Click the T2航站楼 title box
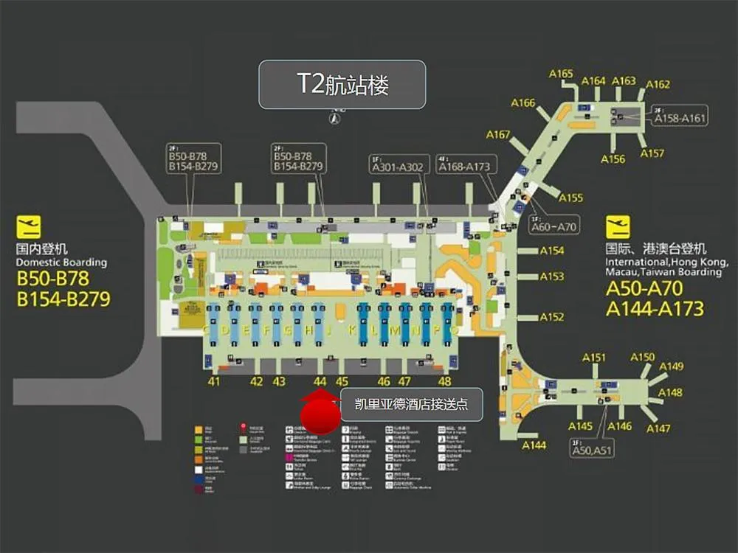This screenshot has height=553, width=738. click(x=342, y=85)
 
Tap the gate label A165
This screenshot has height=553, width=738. click(x=562, y=74)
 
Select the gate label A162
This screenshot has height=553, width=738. click(x=658, y=85)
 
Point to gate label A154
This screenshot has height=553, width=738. click(x=552, y=251)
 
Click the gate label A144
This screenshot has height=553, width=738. click(x=534, y=445)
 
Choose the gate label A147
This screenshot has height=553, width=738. click(x=658, y=428)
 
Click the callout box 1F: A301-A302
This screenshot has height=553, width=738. click(x=398, y=164)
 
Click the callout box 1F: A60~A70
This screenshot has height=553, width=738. click(x=553, y=223)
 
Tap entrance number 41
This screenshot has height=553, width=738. click(x=214, y=382)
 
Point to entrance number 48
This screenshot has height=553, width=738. click(x=444, y=382)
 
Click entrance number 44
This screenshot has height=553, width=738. click(x=320, y=382)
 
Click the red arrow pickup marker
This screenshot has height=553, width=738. click(x=320, y=411)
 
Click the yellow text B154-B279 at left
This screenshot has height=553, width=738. click(x=63, y=299)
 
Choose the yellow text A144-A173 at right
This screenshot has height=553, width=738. click(x=655, y=308)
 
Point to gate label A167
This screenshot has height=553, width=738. click(x=498, y=135)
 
